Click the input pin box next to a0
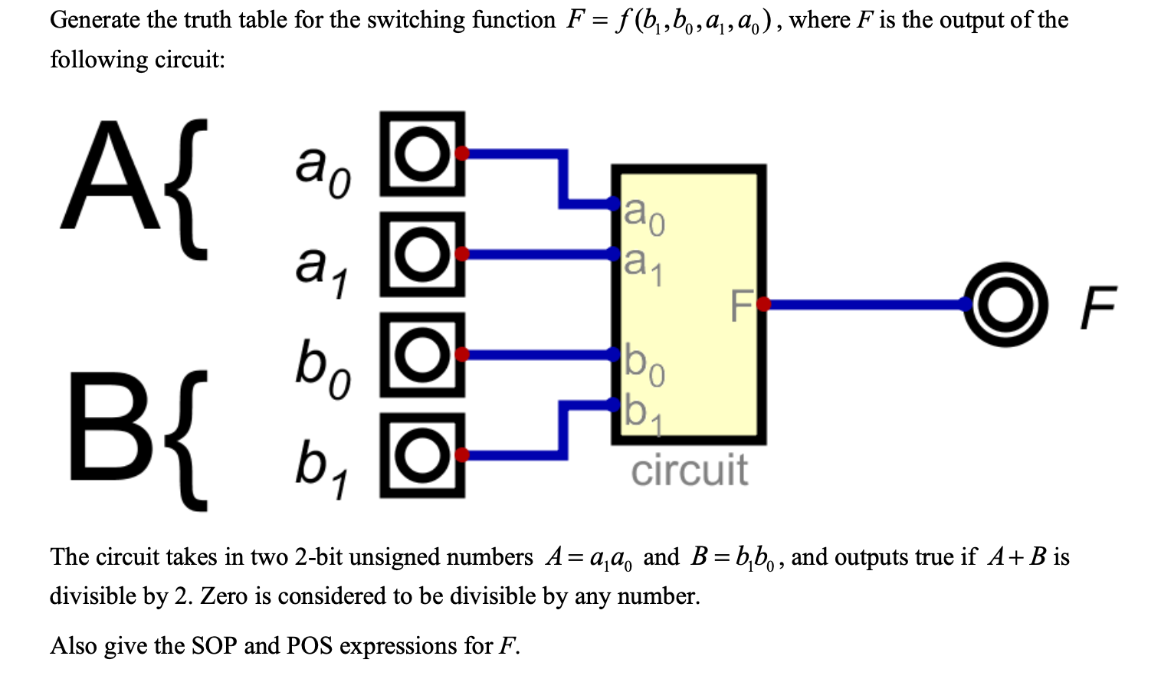tap(421, 153)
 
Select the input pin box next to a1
tap(421, 254)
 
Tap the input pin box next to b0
tap(421, 354)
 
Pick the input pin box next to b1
tap(421, 455)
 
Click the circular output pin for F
tap(1005, 304)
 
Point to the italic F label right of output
tap(1098, 307)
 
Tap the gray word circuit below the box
tap(688, 470)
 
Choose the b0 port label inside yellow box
tap(644, 364)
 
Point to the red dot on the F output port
tap(763, 304)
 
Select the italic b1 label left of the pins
tap(322, 468)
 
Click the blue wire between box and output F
tap(866, 304)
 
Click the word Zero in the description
tap(224, 596)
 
